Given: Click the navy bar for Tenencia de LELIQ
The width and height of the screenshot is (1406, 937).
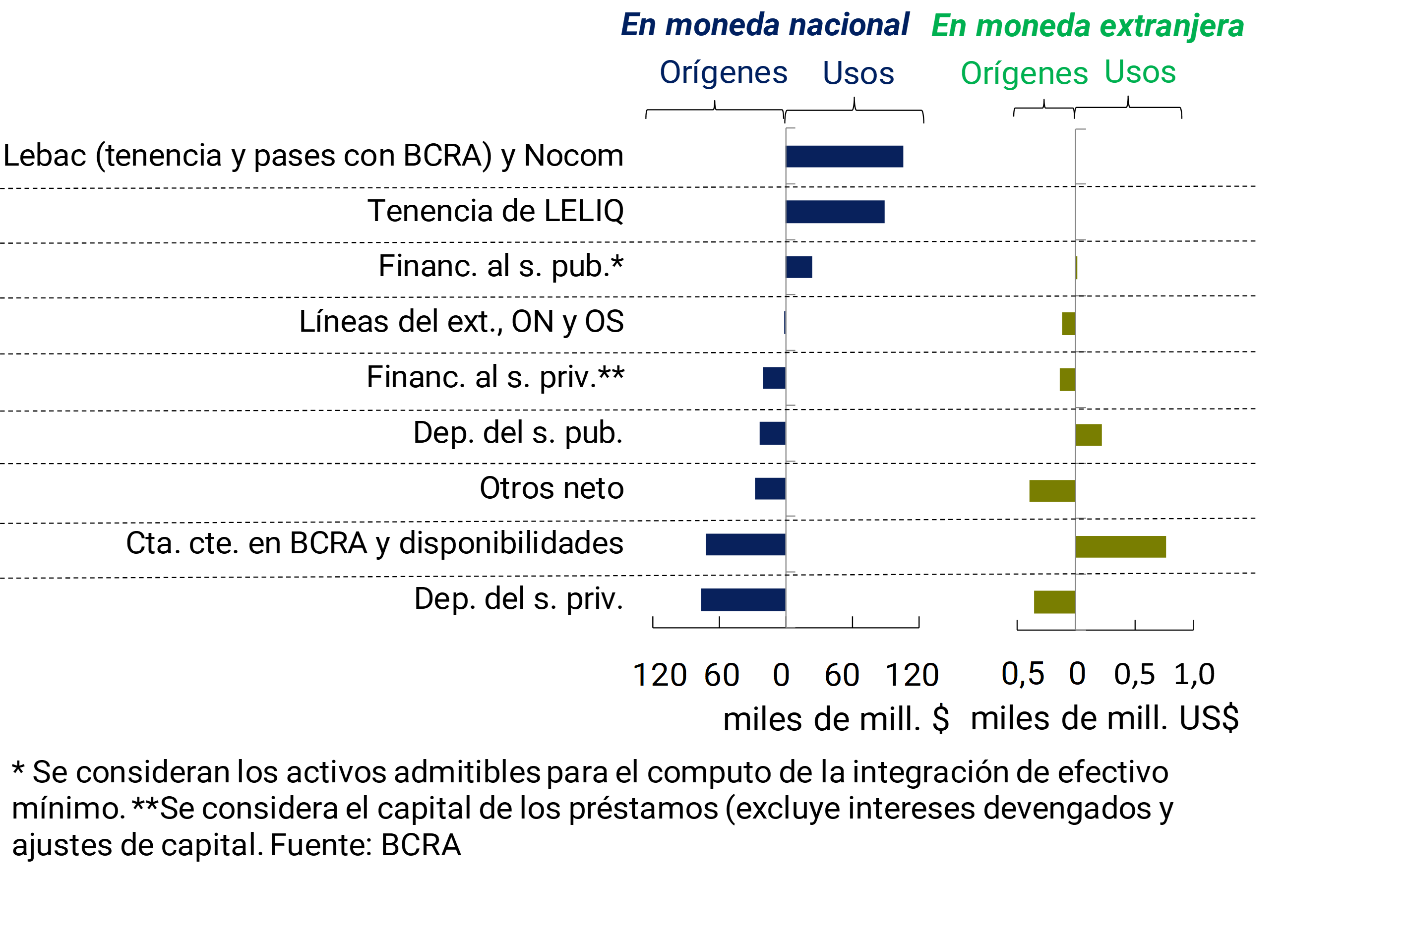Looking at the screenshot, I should tap(835, 212).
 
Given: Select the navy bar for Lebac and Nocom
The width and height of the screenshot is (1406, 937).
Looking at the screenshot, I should tap(844, 157).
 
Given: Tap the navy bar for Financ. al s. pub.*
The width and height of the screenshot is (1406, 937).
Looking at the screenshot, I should tap(799, 267).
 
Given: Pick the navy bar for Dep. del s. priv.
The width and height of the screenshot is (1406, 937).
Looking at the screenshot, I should tap(743, 600).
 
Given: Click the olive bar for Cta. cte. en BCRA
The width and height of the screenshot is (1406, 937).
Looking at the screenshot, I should tap(1121, 547).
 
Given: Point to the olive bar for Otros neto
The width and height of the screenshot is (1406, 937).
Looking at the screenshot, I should tap(1052, 491).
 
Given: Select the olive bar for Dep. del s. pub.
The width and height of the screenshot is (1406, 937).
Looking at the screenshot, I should tap(1089, 435).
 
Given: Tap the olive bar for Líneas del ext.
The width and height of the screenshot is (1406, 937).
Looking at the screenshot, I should tap(1069, 324).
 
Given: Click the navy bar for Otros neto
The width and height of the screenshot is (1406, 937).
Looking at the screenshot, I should tap(770, 489).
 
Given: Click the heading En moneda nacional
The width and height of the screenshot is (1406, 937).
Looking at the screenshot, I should tap(765, 25).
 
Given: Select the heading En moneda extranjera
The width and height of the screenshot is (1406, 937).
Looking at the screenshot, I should tap(1088, 26).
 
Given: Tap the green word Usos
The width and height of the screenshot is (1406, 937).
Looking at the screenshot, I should tap(1140, 72).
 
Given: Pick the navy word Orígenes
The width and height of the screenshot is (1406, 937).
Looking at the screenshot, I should tap(723, 73).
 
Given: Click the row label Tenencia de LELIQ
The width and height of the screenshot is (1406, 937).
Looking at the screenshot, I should tap(495, 211).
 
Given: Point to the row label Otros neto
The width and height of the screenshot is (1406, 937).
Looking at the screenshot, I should tap(551, 488).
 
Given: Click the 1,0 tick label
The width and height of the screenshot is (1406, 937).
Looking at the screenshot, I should tap(1194, 674).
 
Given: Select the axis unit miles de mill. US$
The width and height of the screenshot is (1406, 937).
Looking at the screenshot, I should tap(1105, 718).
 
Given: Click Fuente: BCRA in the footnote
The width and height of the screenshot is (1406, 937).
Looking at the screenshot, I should tap(365, 845).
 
